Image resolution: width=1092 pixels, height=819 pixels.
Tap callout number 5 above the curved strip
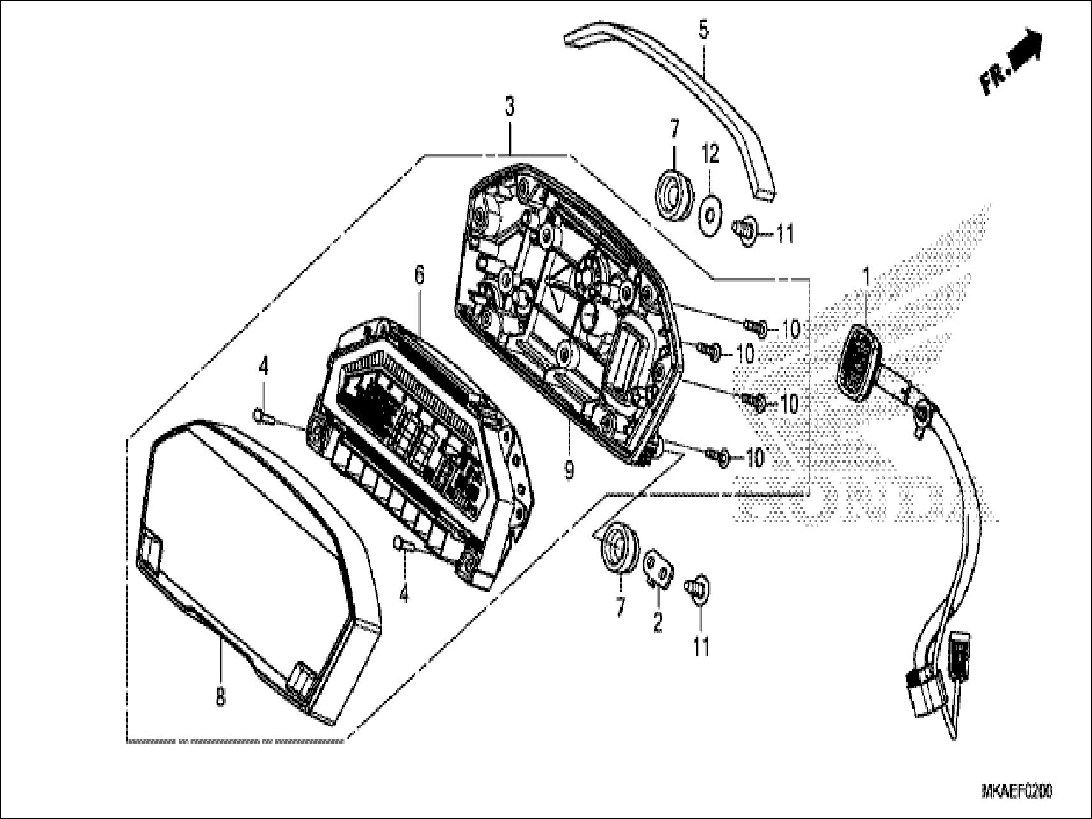click(x=703, y=30)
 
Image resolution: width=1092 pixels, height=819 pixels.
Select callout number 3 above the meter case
click(x=509, y=107)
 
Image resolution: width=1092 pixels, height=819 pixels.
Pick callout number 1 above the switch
click(x=866, y=277)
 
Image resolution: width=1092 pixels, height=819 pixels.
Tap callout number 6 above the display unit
click(x=419, y=275)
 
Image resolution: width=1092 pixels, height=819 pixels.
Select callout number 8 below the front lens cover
click(x=220, y=696)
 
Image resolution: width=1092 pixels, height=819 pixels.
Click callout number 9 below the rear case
click(x=568, y=471)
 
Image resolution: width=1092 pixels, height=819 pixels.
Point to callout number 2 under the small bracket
click(x=657, y=622)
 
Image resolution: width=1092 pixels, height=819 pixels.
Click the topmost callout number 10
click(x=790, y=329)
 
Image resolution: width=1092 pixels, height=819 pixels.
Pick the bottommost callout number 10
click(x=754, y=457)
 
